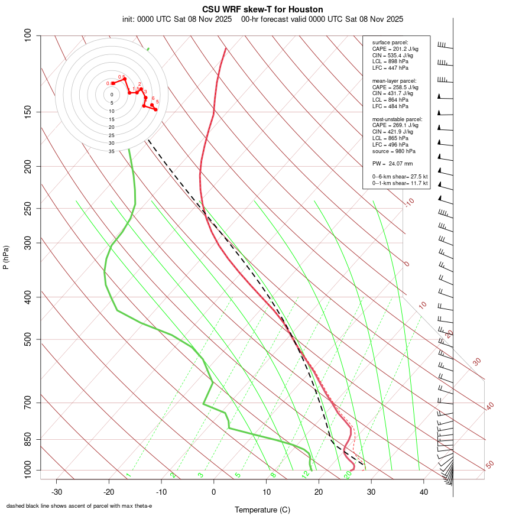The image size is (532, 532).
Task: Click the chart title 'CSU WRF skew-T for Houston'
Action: pos(262,9)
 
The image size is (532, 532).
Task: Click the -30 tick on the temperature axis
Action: pos(57,492)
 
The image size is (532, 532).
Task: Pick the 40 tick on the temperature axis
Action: pos(423,492)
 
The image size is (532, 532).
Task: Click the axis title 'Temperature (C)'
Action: pos(262,510)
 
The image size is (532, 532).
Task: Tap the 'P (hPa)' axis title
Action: pos(6,257)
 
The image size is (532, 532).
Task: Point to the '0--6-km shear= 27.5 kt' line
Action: pos(400,177)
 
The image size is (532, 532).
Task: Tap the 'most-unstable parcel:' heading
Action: pos(397,119)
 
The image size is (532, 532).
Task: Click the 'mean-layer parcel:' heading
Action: pos(394,81)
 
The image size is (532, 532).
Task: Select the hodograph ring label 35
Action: pos(111,151)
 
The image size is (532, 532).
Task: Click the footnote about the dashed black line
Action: pos(79,506)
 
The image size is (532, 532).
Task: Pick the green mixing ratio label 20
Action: pos(348,474)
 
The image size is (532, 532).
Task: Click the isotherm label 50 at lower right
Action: pos(489,465)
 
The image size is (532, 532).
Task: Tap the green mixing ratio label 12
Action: pos(305,474)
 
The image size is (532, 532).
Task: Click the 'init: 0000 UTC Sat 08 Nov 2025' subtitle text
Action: pos(177,19)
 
